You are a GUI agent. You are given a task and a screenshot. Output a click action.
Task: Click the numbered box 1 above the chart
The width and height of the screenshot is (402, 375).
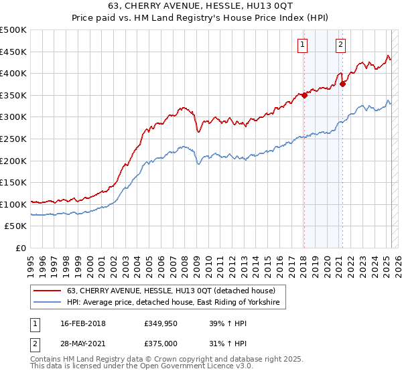tap(303, 45)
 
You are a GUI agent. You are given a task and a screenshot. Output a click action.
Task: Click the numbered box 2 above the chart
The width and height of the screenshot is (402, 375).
tap(340, 45)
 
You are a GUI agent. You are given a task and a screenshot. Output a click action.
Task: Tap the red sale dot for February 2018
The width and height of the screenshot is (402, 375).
tap(304, 95)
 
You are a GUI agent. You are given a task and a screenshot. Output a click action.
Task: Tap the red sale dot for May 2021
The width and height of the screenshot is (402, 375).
tap(343, 84)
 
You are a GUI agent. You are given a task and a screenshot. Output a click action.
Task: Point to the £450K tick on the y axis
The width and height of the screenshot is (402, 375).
tap(13, 52)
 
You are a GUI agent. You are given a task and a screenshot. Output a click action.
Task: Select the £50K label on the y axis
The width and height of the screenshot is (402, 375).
tap(16, 226)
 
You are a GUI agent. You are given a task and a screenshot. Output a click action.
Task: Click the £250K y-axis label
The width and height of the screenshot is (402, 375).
tap(13, 139)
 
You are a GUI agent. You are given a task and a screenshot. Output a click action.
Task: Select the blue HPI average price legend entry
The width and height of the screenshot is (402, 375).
tap(176, 303)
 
